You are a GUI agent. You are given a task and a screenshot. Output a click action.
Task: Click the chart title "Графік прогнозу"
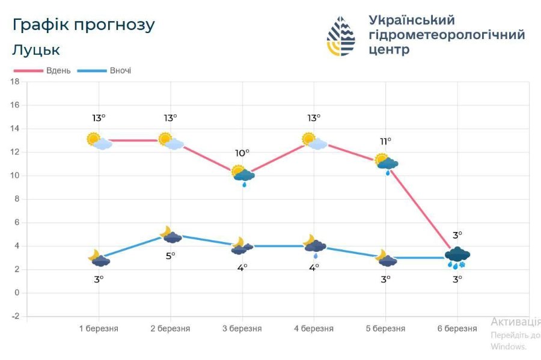pyautogui.click(x=83, y=25)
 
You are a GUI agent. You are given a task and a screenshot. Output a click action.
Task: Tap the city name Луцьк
pyautogui.click(x=35, y=50)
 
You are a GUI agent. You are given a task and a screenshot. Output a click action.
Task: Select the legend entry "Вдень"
pyautogui.click(x=58, y=70)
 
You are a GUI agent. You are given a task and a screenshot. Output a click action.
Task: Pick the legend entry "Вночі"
pyautogui.click(x=120, y=70)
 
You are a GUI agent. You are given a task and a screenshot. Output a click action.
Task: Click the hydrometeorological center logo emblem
pyautogui.click(x=341, y=36)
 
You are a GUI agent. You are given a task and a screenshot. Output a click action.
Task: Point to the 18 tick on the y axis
pyautogui.click(x=16, y=81)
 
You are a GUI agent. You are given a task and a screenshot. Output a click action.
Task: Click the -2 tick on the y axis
pyautogui.click(x=16, y=316)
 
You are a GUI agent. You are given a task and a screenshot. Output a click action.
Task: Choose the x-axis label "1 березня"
pyautogui.click(x=99, y=329)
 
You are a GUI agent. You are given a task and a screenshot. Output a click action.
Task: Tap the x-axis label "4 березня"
pyautogui.click(x=314, y=329)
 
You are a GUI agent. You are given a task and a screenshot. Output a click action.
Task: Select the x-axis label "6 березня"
pyautogui.click(x=457, y=329)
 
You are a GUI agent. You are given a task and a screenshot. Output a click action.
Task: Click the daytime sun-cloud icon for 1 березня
pyautogui.click(x=99, y=141)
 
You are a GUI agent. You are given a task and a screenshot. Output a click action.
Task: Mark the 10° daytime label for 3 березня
pyautogui.click(x=242, y=153)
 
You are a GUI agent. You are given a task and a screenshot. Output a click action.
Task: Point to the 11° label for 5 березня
pyautogui.click(x=385, y=141)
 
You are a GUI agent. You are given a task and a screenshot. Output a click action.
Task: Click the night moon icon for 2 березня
pyautogui.click(x=171, y=234)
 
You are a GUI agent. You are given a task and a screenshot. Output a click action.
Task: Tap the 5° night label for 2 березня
pyautogui.click(x=171, y=255)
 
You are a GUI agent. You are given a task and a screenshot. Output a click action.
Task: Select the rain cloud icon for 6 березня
pyautogui.click(x=457, y=257)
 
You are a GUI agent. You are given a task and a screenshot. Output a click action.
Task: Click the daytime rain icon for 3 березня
pyautogui.click(x=243, y=175)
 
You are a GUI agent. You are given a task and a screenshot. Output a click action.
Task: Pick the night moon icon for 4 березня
pyautogui.click(x=314, y=244)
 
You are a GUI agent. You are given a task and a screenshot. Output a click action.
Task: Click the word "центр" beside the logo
pyautogui.click(x=389, y=50)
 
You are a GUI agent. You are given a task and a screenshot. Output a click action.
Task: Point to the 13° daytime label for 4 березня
pyautogui.click(x=314, y=118)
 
